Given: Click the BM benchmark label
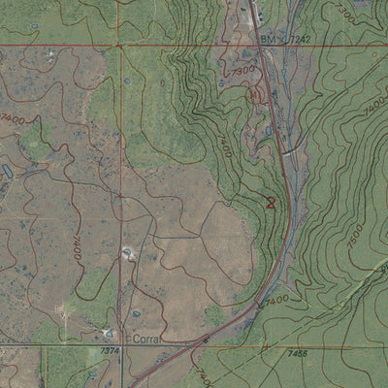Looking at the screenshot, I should pyautogui.click(x=268, y=39).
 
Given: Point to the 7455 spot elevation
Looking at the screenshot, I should pyautogui.click(x=297, y=354).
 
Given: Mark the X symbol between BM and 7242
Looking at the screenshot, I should pyautogui.click(x=283, y=39).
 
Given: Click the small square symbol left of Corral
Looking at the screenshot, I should pyautogui.click(x=125, y=340).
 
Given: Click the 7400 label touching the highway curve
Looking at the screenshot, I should pyautogui.click(x=274, y=302).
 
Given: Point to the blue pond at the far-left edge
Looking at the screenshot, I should pyautogui.click(x=6, y=171).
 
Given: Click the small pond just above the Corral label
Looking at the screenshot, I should pyautogui.click(x=136, y=317).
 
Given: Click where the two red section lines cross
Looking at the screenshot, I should pyautogui.click(x=120, y=45).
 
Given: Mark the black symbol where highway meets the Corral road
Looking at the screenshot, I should pyautogui.click(x=206, y=339).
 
